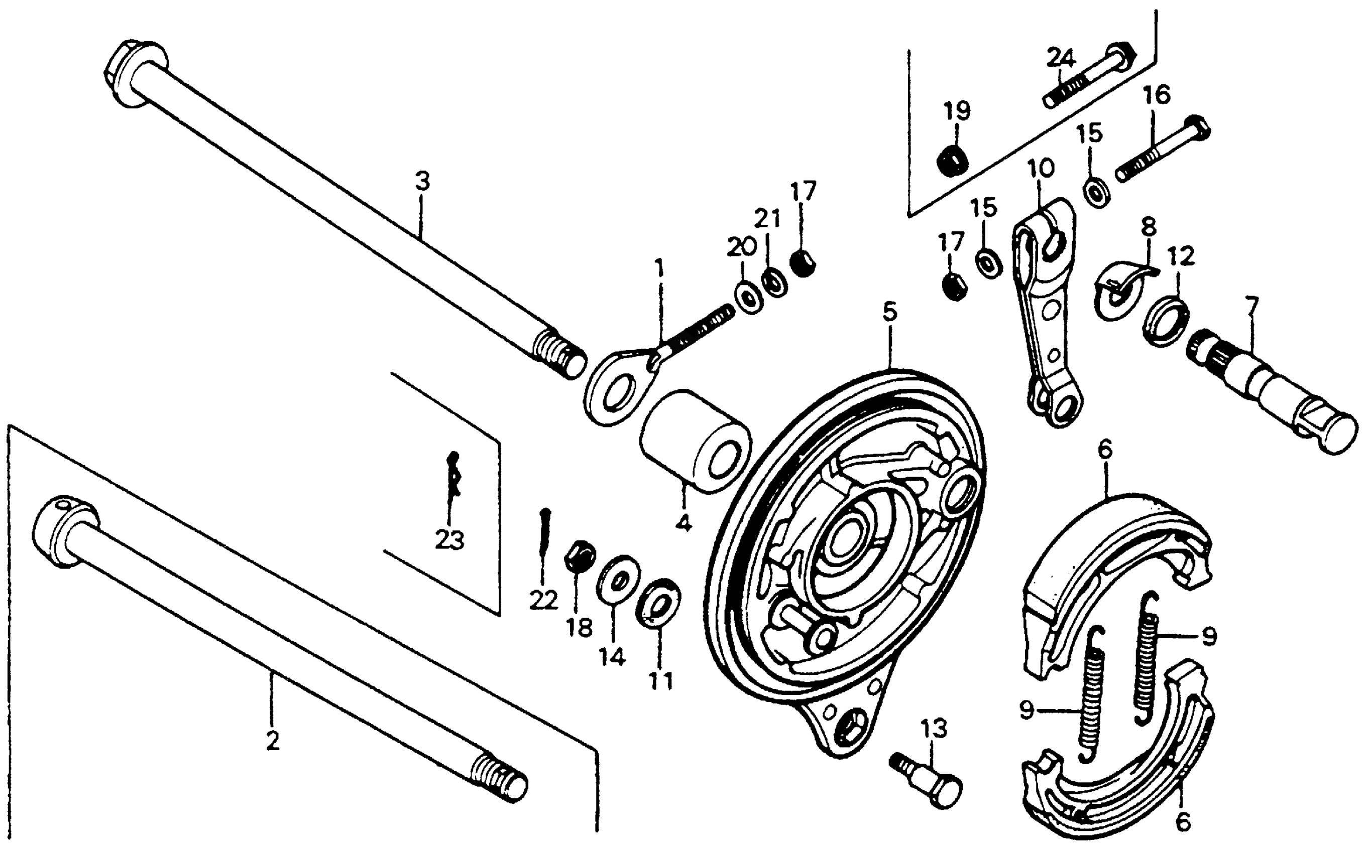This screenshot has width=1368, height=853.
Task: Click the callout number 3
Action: pos(422,182)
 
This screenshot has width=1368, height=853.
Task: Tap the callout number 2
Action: pos(273,741)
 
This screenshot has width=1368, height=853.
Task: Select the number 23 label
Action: pos(449,540)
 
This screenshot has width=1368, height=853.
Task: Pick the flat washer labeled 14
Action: pos(619,580)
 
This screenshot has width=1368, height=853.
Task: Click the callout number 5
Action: pos(890,312)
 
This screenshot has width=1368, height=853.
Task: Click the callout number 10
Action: pos(1041,169)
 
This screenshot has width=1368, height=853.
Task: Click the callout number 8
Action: pos(1149,228)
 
